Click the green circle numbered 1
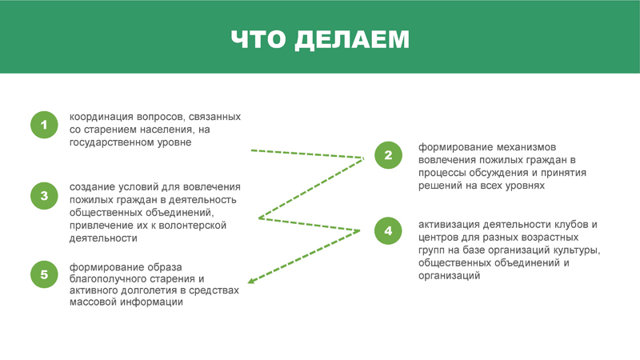point(44,125)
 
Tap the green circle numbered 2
point(388,155)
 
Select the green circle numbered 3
point(44,196)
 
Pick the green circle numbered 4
point(388,231)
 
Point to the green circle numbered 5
point(44,274)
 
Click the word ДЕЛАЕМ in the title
point(352,40)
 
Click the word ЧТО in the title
point(258,39)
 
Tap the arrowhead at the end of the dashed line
point(251,281)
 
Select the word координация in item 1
point(102,118)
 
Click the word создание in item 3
point(92,187)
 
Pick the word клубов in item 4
point(571,225)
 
